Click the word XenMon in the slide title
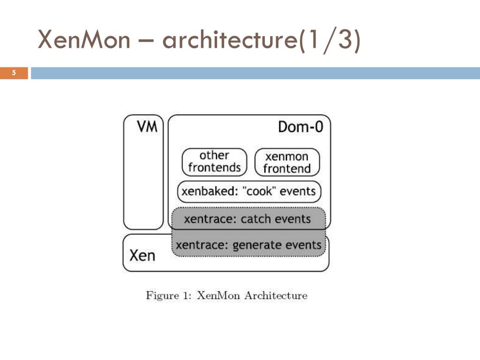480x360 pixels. click(x=84, y=39)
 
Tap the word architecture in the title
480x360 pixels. click(x=230, y=39)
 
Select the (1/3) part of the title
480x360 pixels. click(x=330, y=40)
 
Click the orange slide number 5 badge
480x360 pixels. click(x=14, y=73)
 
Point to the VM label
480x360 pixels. click(x=147, y=127)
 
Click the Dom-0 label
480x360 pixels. click(x=300, y=127)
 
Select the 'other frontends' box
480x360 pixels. click(x=214, y=162)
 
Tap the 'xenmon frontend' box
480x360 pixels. click(x=287, y=162)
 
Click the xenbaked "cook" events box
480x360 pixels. click(x=249, y=192)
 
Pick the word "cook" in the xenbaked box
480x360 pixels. click(x=259, y=191)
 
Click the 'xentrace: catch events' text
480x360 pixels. click(x=247, y=219)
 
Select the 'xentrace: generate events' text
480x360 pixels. click(x=248, y=245)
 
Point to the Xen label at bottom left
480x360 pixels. click(x=142, y=255)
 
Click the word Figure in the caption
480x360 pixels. click(x=162, y=296)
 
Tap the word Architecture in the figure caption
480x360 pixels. click(x=276, y=295)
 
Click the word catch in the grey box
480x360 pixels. click(x=256, y=219)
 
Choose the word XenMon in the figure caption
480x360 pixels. click(x=218, y=295)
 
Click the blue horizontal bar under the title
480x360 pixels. click(x=255, y=73)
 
